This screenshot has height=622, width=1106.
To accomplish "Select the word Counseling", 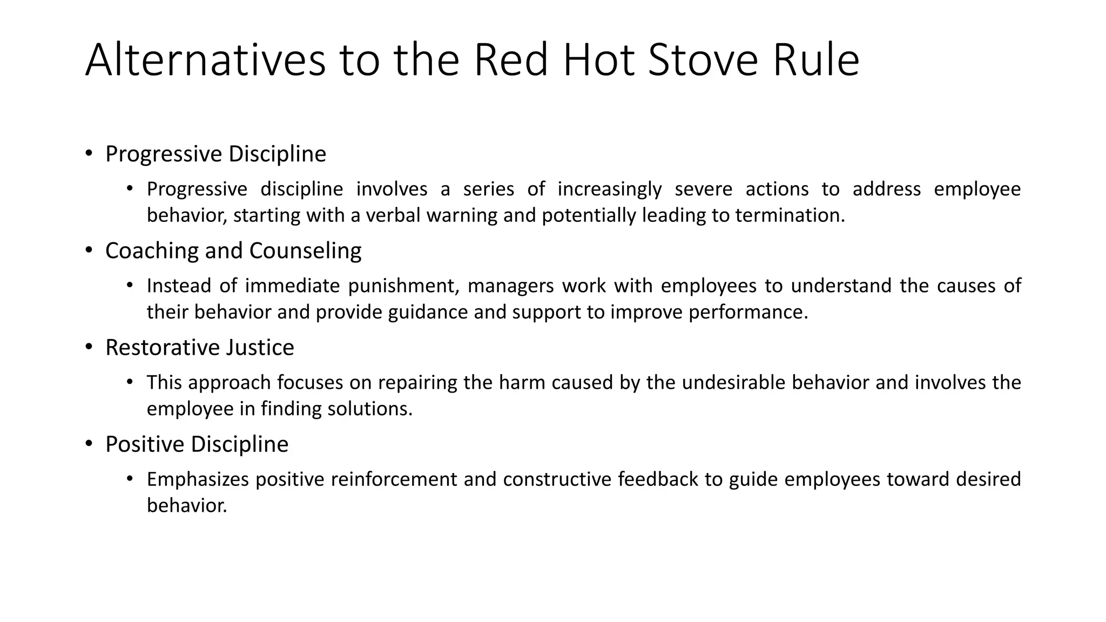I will (305, 251).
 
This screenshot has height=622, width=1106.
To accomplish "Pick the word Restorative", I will (162, 347).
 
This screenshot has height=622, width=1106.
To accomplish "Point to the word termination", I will (790, 215).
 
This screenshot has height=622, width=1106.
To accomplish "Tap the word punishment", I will (403, 286).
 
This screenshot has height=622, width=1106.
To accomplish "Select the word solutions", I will (370, 409).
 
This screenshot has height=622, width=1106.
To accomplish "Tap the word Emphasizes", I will (198, 479).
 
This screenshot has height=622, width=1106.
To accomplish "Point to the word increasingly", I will (609, 189).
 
